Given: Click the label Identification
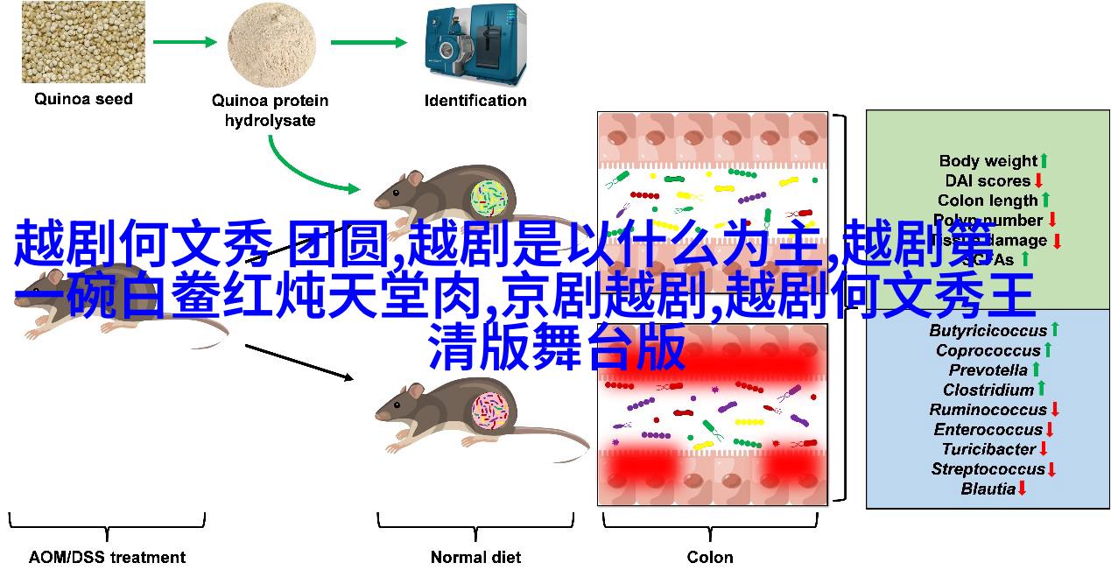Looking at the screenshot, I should (x=475, y=101).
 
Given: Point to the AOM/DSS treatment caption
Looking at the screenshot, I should (x=107, y=557).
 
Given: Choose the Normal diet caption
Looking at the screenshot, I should (x=475, y=557).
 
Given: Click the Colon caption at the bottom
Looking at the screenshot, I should (x=710, y=557).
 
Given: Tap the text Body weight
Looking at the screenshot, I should (x=988, y=161).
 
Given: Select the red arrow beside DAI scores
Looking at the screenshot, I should (x=1038, y=181).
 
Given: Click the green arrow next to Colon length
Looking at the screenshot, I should (x=1044, y=201).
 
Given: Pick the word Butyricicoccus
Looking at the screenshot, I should (x=988, y=331).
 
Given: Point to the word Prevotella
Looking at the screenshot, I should (x=988, y=370).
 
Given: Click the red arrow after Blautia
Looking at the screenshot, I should (x=1022, y=489).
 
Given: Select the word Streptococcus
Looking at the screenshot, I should (x=988, y=469).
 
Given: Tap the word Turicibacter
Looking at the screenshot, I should (x=988, y=449).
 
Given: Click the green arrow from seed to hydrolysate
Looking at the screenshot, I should (x=185, y=42).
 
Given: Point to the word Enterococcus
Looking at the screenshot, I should (x=988, y=430).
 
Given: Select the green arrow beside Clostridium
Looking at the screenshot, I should (x=1042, y=390).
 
